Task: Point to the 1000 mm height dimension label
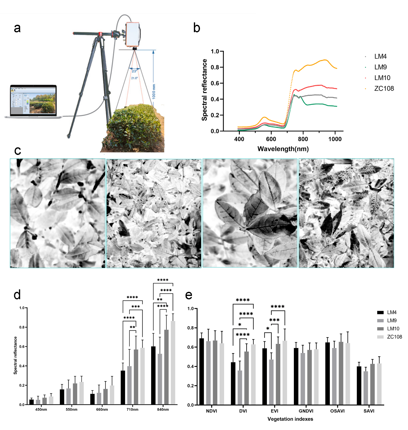[154, 92]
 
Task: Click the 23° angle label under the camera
[134, 71]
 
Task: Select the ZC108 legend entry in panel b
[384, 88]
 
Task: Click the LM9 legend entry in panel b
[380, 67]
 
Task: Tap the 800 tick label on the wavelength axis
[303, 139]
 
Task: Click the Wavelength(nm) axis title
[283, 149]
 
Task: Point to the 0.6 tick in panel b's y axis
[215, 83]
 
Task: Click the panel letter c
[18, 150]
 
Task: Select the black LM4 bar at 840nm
[153, 375]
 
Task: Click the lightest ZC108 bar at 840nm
[173, 362]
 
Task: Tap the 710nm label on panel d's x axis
[132, 409]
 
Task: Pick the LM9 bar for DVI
[240, 388]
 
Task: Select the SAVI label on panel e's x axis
[369, 411]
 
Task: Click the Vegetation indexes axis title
[290, 419]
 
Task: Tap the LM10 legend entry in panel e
[393, 329]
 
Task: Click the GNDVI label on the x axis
[306, 411]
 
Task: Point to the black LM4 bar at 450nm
[32, 402]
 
